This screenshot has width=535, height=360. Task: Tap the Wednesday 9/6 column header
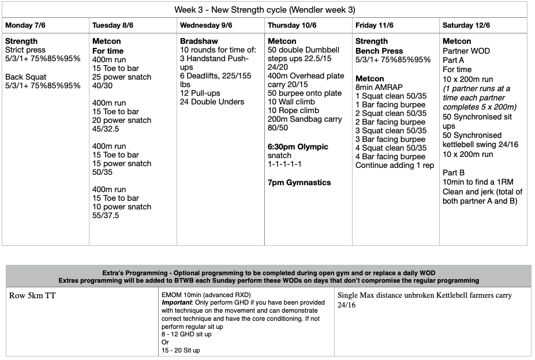(206, 25)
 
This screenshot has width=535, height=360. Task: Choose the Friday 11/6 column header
(375, 25)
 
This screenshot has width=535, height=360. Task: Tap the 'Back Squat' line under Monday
(26, 77)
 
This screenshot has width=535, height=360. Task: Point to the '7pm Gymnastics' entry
(299, 182)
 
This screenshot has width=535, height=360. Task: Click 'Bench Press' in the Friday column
(380, 51)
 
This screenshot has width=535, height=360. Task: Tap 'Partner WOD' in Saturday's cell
(466, 51)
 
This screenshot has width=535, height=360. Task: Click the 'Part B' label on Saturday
(454, 172)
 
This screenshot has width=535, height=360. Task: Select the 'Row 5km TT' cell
(32, 296)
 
